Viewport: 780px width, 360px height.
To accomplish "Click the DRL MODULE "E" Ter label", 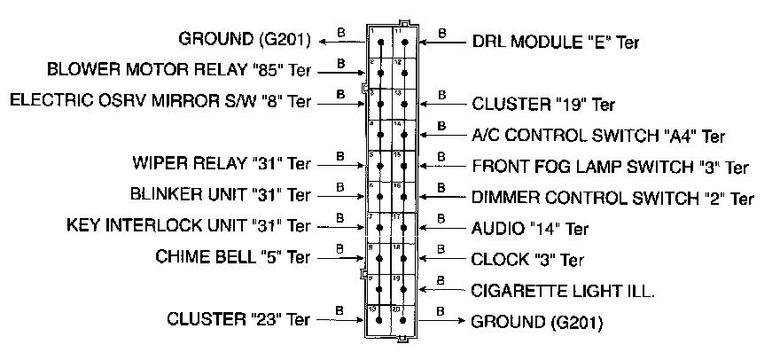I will (x=555, y=41).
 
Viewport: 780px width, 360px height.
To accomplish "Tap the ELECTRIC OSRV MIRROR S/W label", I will (x=160, y=99).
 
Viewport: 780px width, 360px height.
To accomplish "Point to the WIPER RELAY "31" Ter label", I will (x=221, y=164).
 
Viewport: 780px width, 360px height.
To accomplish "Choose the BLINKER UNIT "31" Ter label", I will (x=220, y=194).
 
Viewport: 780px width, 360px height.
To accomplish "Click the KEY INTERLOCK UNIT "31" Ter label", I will (x=189, y=225).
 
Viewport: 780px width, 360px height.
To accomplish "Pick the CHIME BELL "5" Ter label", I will (x=233, y=257).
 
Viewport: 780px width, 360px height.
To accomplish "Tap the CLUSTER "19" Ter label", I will (x=542, y=104).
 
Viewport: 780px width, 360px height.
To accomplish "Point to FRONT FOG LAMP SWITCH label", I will (x=610, y=167).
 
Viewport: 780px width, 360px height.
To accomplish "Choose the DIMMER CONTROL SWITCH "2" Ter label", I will (x=612, y=198).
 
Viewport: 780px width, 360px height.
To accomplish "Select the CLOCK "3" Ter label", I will (x=527, y=260).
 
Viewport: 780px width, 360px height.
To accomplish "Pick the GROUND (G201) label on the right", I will (x=535, y=321).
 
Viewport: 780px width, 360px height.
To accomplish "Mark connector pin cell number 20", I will (x=404, y=318).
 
